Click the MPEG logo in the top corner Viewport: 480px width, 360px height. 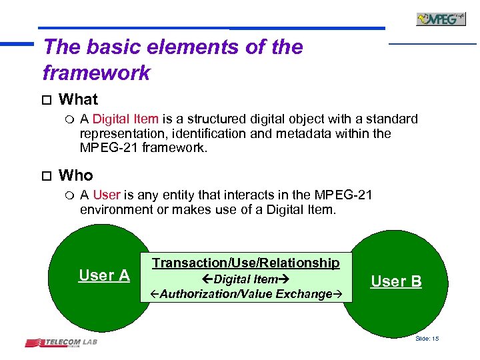pos(441,19)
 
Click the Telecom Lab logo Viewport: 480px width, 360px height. pos(62,343)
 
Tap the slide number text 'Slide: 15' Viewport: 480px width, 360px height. pos(427,339)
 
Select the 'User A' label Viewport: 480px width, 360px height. pos(104,275)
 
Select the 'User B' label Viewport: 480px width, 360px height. pos(396,281)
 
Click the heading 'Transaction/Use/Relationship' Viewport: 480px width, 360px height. pos(245,263)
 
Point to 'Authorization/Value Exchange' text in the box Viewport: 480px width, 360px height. pos(245,294)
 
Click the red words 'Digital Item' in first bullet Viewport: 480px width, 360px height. pos(125,119)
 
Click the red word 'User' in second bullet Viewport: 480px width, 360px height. pos(107,195)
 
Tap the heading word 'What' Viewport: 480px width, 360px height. pos(78,100)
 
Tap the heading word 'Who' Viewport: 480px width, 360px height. pos(76,176)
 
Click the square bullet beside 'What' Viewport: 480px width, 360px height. pos(45,101)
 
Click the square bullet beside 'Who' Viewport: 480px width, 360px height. pos(45,177)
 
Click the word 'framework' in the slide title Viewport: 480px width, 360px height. pos(96,73)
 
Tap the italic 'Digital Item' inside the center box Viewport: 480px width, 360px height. pos(245,279)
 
